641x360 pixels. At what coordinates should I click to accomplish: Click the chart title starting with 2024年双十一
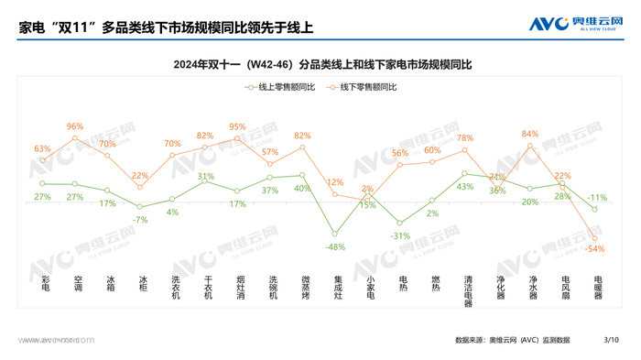pos(321,65)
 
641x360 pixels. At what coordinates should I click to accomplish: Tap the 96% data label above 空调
pos(75,126)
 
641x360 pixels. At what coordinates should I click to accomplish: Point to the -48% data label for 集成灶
pos(335,247)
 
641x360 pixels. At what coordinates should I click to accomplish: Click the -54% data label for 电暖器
pos(595,249)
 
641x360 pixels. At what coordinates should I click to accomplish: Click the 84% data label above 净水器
pos(530,134)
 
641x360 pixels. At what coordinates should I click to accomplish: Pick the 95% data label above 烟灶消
pos(237,127)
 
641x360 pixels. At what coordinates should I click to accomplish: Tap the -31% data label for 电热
pos(400,235)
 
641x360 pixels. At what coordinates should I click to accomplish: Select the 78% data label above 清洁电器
pos(465,138)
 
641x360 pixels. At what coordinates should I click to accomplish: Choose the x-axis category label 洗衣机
pos(173,289)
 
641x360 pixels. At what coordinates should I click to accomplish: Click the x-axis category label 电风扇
pos(564,289)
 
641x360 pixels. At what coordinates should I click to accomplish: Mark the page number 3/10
pos(612,340)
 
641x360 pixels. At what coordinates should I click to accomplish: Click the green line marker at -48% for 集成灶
pos(335,234)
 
